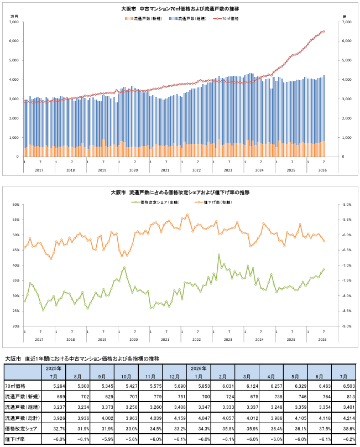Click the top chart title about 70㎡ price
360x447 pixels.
coord(180,9)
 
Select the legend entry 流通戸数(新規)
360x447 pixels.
coord(143,19)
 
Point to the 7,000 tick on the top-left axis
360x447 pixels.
coord(14,22)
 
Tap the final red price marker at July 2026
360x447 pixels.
coord(324,32)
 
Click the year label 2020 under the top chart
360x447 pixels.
coord(133,170)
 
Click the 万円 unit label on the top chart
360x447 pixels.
coord(14,17)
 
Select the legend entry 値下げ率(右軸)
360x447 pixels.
coord(213,202)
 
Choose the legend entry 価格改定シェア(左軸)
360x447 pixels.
coord(155,202)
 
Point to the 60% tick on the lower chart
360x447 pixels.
coord(16,204)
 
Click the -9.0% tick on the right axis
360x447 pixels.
coord(346,326)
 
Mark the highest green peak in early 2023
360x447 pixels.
coord(219,254)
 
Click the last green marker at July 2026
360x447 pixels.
coord(324,269)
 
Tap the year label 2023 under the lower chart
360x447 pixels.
coord(228,340)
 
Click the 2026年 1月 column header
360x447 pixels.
coord(199,372)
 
